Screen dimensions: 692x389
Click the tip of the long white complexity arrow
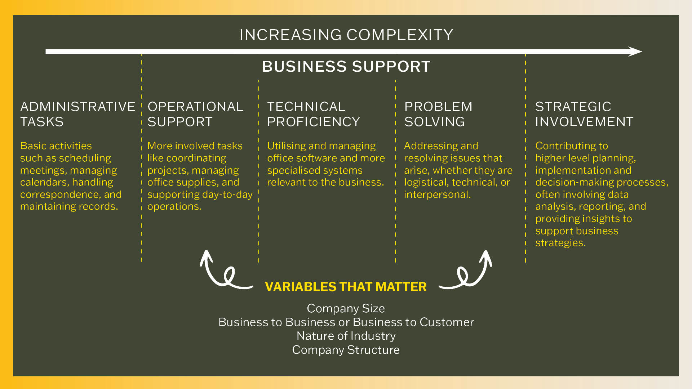click(x=642, y=52)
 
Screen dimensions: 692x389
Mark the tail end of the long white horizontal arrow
click(x=46, y=52)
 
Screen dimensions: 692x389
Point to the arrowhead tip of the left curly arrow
click(x=206, y=250)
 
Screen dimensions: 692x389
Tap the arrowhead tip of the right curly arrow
click(x=486, y=251)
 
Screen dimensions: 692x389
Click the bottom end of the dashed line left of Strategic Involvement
click(x=525, y=262)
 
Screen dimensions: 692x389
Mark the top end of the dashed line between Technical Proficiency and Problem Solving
click(x=395, y=80)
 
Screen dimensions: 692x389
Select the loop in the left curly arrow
click(x=229, y=276)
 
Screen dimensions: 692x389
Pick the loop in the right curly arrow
click(x=463, y=276)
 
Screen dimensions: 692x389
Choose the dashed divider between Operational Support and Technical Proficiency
click(x=258, y=171)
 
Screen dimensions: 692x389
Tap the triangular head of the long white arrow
click(x=635, y=52)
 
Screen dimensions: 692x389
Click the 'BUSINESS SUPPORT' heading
click(x=346, y=67)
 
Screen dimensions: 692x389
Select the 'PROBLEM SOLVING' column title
click(x=438, y=114)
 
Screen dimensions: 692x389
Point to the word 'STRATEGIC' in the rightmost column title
click(x=573, y=107)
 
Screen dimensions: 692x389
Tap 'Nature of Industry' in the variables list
click(x=346, y=336)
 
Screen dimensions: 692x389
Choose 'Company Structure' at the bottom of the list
click(x=346, y=350)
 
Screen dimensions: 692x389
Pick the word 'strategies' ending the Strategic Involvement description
click(x=559, y=243)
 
